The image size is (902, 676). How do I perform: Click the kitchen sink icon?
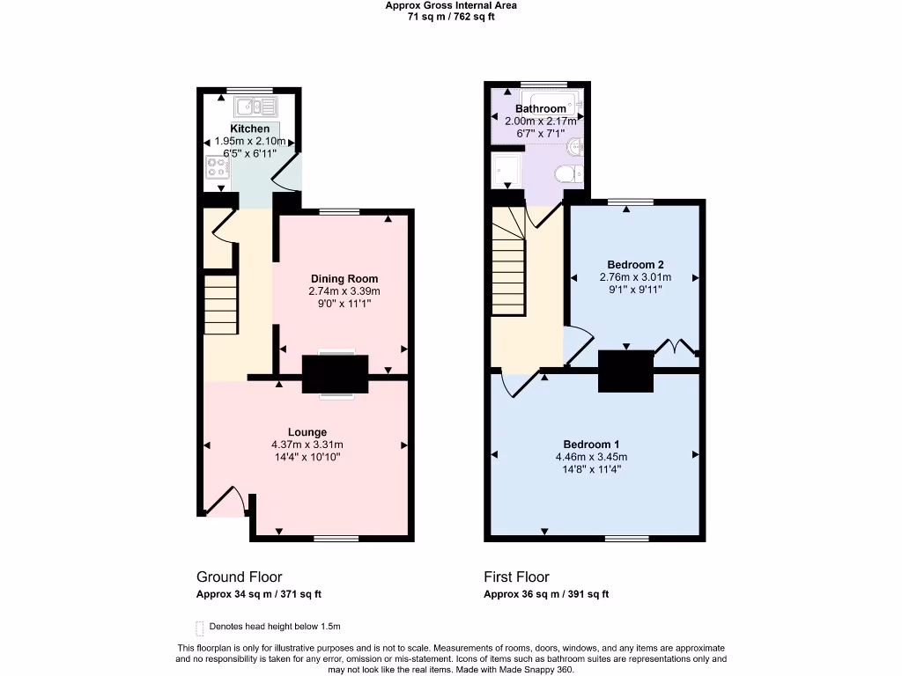256,107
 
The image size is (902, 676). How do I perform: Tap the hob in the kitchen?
216,167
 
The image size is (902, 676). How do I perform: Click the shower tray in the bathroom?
507,167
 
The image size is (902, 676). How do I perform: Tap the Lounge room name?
307,432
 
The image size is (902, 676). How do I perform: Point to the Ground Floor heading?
239,577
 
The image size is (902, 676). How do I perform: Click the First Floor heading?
516,577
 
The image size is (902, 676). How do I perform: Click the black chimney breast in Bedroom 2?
626,371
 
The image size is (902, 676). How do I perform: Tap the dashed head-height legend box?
199,628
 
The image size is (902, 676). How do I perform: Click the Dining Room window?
339,211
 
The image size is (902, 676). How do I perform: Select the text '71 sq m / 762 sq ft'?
451,17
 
